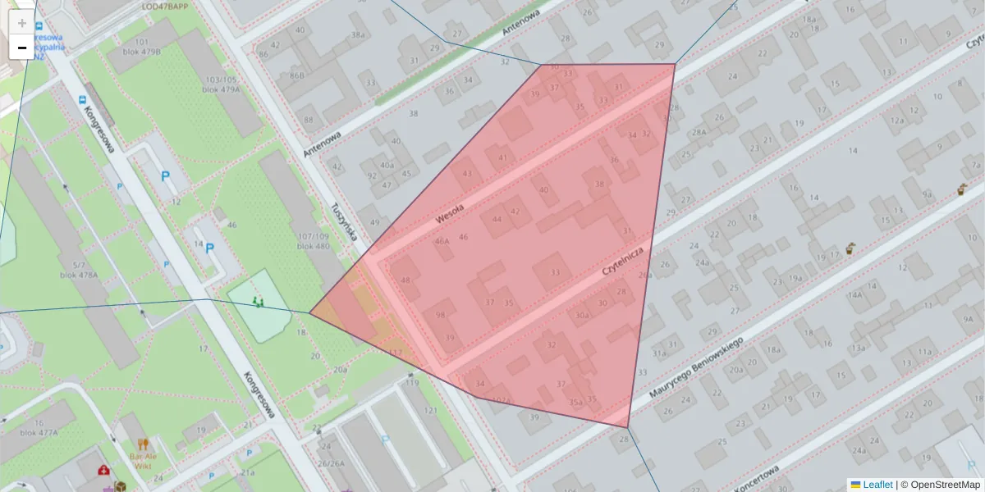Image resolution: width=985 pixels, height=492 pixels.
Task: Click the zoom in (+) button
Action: click(22, 23)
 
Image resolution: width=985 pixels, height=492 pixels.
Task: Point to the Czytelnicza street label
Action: click(626, 266)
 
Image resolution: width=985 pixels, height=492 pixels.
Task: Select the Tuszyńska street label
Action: click(346, 221)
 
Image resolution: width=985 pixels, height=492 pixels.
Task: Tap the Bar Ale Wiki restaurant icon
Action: click(144, 446)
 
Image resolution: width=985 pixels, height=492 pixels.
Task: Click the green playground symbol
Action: click(259, 303)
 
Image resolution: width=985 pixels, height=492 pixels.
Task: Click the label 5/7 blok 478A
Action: click(79, 270)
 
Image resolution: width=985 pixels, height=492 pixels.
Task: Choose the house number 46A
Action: click(442, 241)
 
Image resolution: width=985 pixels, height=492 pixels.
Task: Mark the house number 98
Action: click(441, 316)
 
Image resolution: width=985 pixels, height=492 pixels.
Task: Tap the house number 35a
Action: click(576, 402)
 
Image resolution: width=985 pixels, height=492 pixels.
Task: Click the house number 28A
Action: click(699, 132)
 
